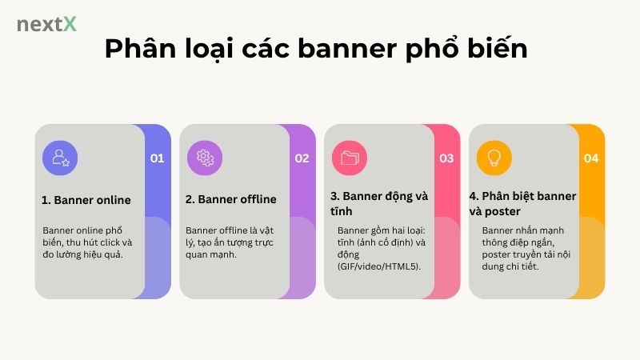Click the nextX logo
[46, 24]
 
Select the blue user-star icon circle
[60, 157]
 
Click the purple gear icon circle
[205, 157]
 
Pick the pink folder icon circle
[350, 157]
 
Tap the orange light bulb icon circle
[494, 157]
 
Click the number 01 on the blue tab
[157, 158]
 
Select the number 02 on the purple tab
[302, 158]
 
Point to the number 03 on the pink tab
[446, 158]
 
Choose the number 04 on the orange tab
[591, 158]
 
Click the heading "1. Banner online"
[86, 199]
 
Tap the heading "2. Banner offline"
[231, 199]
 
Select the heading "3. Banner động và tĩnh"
[379, 203]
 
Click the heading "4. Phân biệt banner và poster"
[522, 203]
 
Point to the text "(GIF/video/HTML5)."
[379, 266]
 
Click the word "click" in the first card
[110, 242]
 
